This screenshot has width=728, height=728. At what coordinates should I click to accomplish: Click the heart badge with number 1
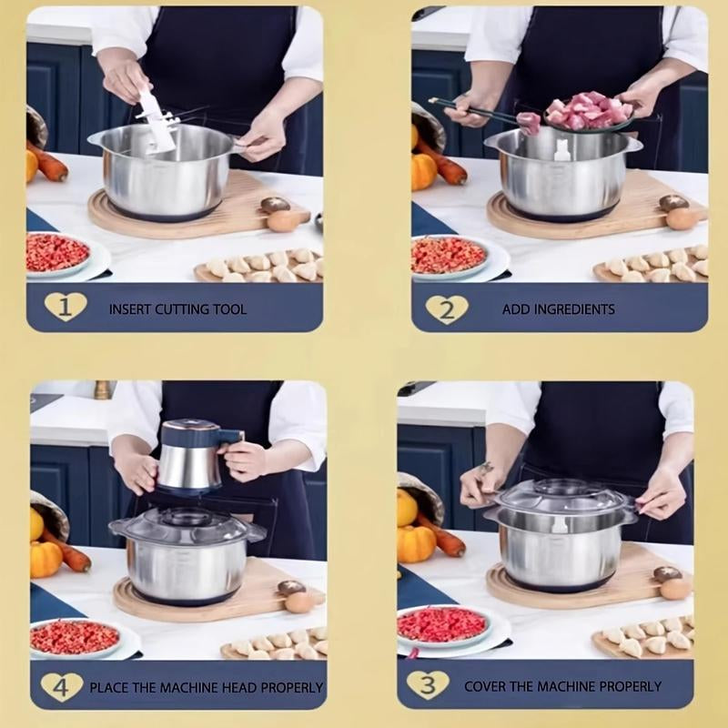click(x=66, y=307)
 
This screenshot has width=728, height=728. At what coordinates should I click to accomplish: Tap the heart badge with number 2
click(x=447, y=308)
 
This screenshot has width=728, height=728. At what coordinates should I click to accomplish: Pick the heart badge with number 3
click(x=427, y=684)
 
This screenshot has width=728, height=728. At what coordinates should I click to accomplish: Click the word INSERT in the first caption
click(x=130, y=309)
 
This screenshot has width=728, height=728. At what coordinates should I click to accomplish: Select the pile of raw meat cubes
click(x=588, y=112)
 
